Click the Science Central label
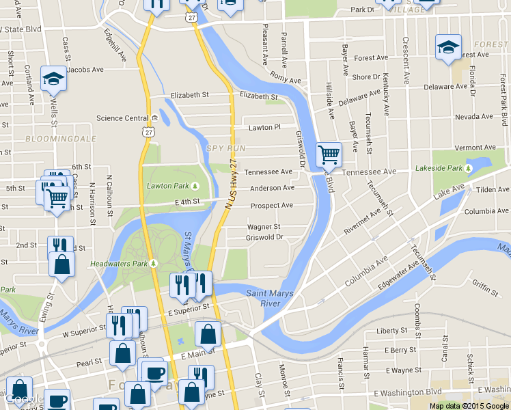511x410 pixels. pos(122,118)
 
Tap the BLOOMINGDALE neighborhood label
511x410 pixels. pos(51,138)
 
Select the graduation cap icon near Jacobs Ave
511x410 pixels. pos(53,79)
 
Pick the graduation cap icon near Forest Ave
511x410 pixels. pos(448,47)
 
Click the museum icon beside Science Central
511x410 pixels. pos(155,118)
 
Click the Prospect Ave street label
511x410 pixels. pos(271,205)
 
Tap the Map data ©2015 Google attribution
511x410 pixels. pos(469,405)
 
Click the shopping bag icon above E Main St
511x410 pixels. pos(208,334)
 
